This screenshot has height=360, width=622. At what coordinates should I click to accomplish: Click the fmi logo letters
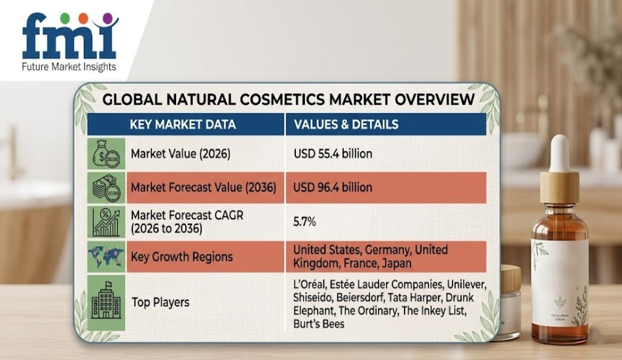(x=69, y=39)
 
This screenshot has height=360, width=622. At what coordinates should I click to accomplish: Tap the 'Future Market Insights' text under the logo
(x=69, y=67)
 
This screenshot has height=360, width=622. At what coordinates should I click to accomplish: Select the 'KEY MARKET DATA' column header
(x=183, y=124)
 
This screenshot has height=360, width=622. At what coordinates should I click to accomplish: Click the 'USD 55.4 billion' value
(x=333, y=154)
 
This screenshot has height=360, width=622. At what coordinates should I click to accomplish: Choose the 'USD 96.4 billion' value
(x=333, y=187)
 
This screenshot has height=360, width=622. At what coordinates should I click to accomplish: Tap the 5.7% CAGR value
(x=304, y=222)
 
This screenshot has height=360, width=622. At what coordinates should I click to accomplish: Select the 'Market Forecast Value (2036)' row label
(x=203, y=187)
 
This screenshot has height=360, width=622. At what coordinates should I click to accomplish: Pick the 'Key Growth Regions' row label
(x=181, y=256)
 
